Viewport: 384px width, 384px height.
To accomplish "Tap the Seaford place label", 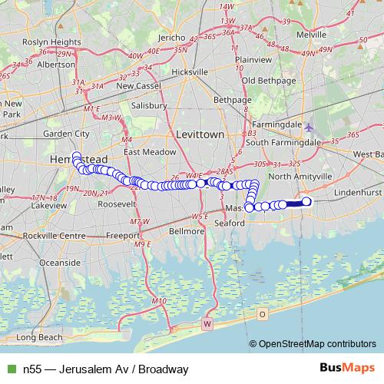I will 230,223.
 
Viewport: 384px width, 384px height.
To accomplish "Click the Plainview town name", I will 253,58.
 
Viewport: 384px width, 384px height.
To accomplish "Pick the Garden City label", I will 67,133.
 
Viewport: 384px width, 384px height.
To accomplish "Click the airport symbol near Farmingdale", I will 309,127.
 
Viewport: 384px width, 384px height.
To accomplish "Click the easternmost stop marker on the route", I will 306,202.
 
